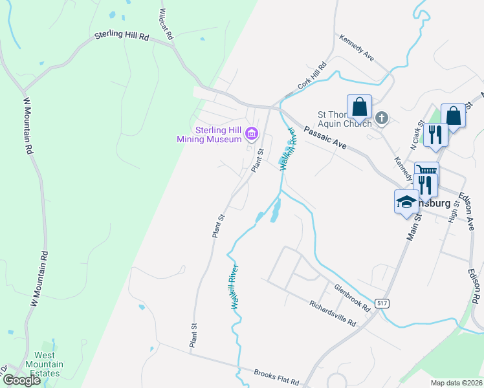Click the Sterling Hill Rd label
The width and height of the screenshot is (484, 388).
pos(122,38)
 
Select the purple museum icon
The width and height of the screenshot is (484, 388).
pos(251,135)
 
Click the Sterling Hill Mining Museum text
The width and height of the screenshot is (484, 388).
pos(210,134)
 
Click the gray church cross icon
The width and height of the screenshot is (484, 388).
pos(382,118)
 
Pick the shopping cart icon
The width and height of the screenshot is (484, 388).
pos(426,171)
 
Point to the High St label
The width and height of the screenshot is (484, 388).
pos(454,212)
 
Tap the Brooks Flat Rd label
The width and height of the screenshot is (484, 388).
pos(276,376)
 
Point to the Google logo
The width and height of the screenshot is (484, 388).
pos(21,380)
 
